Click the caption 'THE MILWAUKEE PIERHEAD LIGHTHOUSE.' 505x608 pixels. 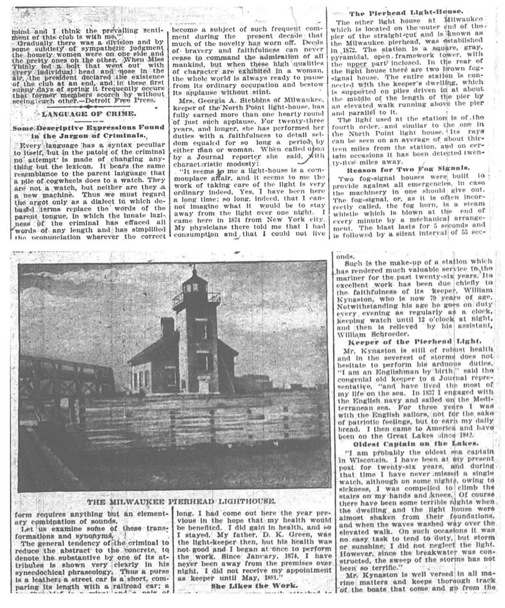pos(182,501)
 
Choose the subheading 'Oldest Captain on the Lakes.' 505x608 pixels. pos(415,443)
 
